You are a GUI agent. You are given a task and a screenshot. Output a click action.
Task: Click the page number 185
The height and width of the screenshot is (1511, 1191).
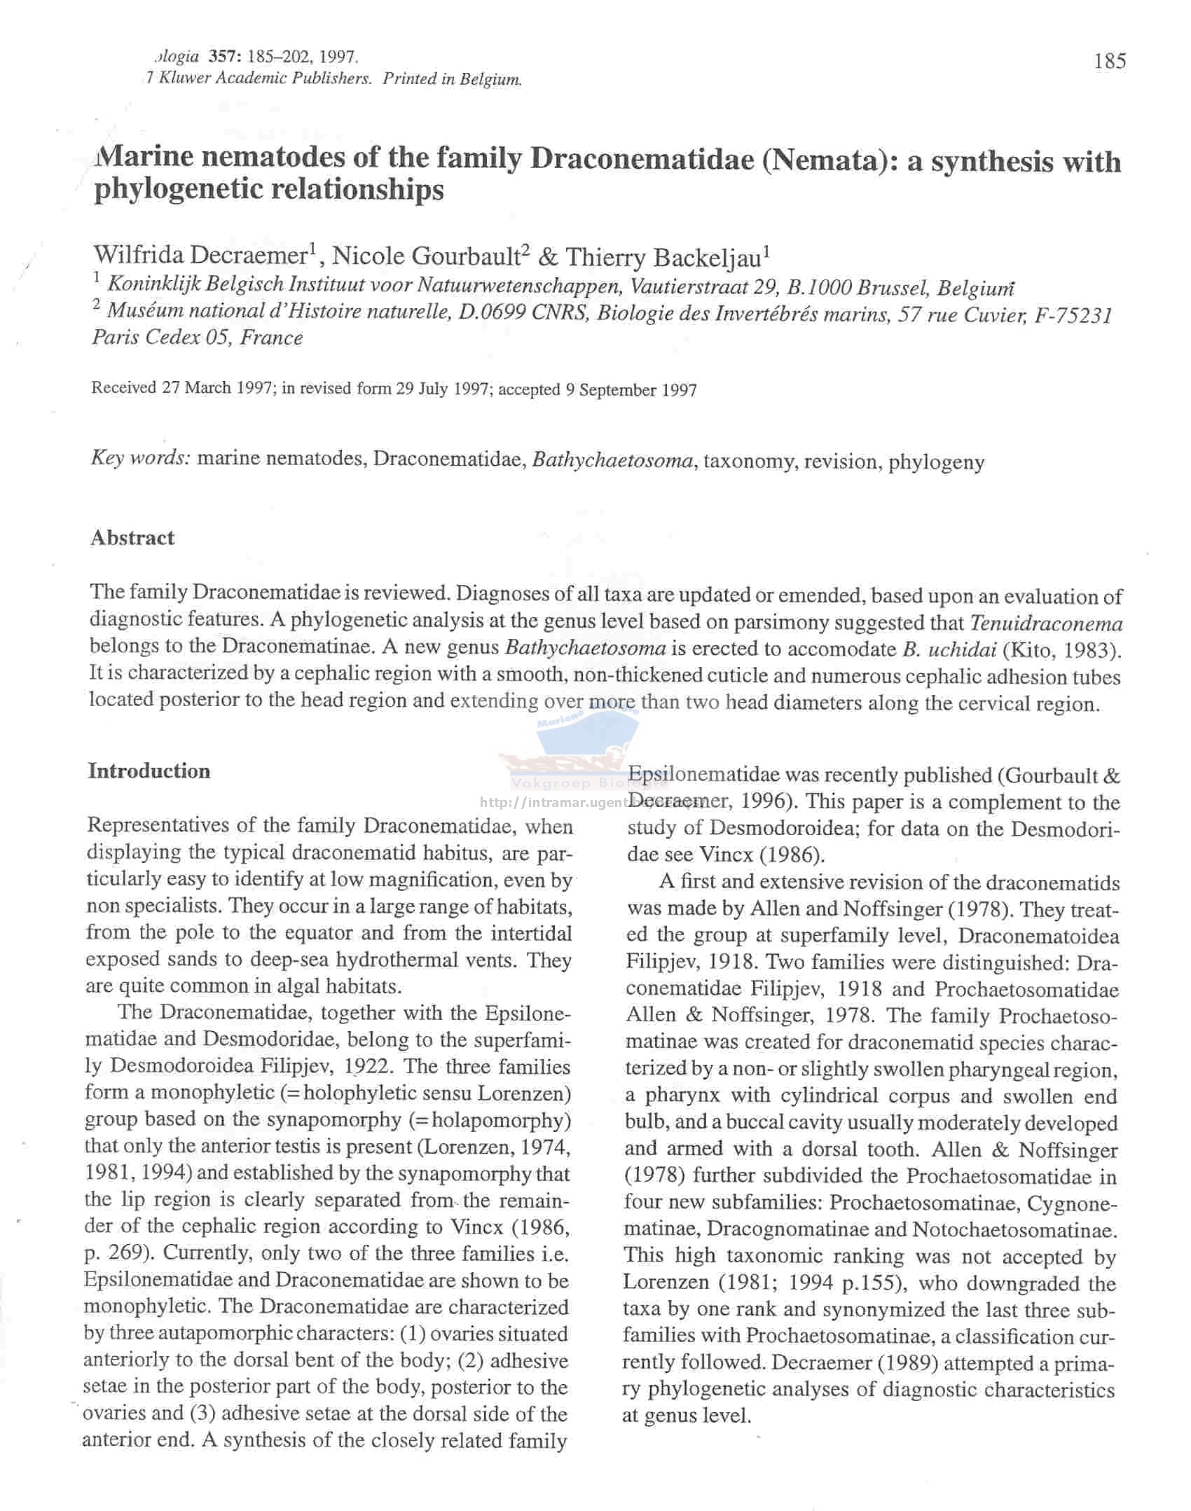pyautogui.click(x=1109, y=62)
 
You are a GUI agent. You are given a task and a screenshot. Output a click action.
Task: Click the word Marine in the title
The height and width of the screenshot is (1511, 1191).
pyautogui.click(x=145, y=157)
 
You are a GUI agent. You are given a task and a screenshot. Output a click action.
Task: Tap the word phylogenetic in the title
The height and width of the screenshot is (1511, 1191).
pyautogui.click(x=178, y=190)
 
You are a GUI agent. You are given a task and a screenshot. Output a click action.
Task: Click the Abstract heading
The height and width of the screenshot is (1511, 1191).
pyautogui.click(x=132, y=537)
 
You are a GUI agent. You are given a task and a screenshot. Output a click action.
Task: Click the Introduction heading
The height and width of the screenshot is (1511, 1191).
pyautogui.click(x=149, y=771)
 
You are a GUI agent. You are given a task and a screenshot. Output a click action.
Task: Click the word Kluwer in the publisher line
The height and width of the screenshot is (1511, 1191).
pyautogui.click(x=184, y=78)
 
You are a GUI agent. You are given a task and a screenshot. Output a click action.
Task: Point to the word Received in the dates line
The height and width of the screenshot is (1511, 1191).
pyautogui.click(x=123, y=387)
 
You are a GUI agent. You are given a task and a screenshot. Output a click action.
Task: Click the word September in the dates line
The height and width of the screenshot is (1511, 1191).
pyautogui.click(x=614, y=390)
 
